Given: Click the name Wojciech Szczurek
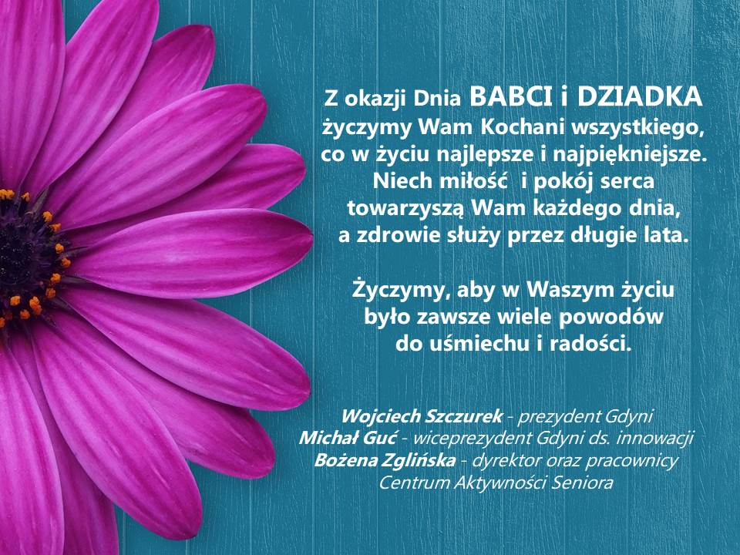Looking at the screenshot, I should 421,416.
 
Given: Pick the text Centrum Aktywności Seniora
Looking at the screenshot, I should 496,483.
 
